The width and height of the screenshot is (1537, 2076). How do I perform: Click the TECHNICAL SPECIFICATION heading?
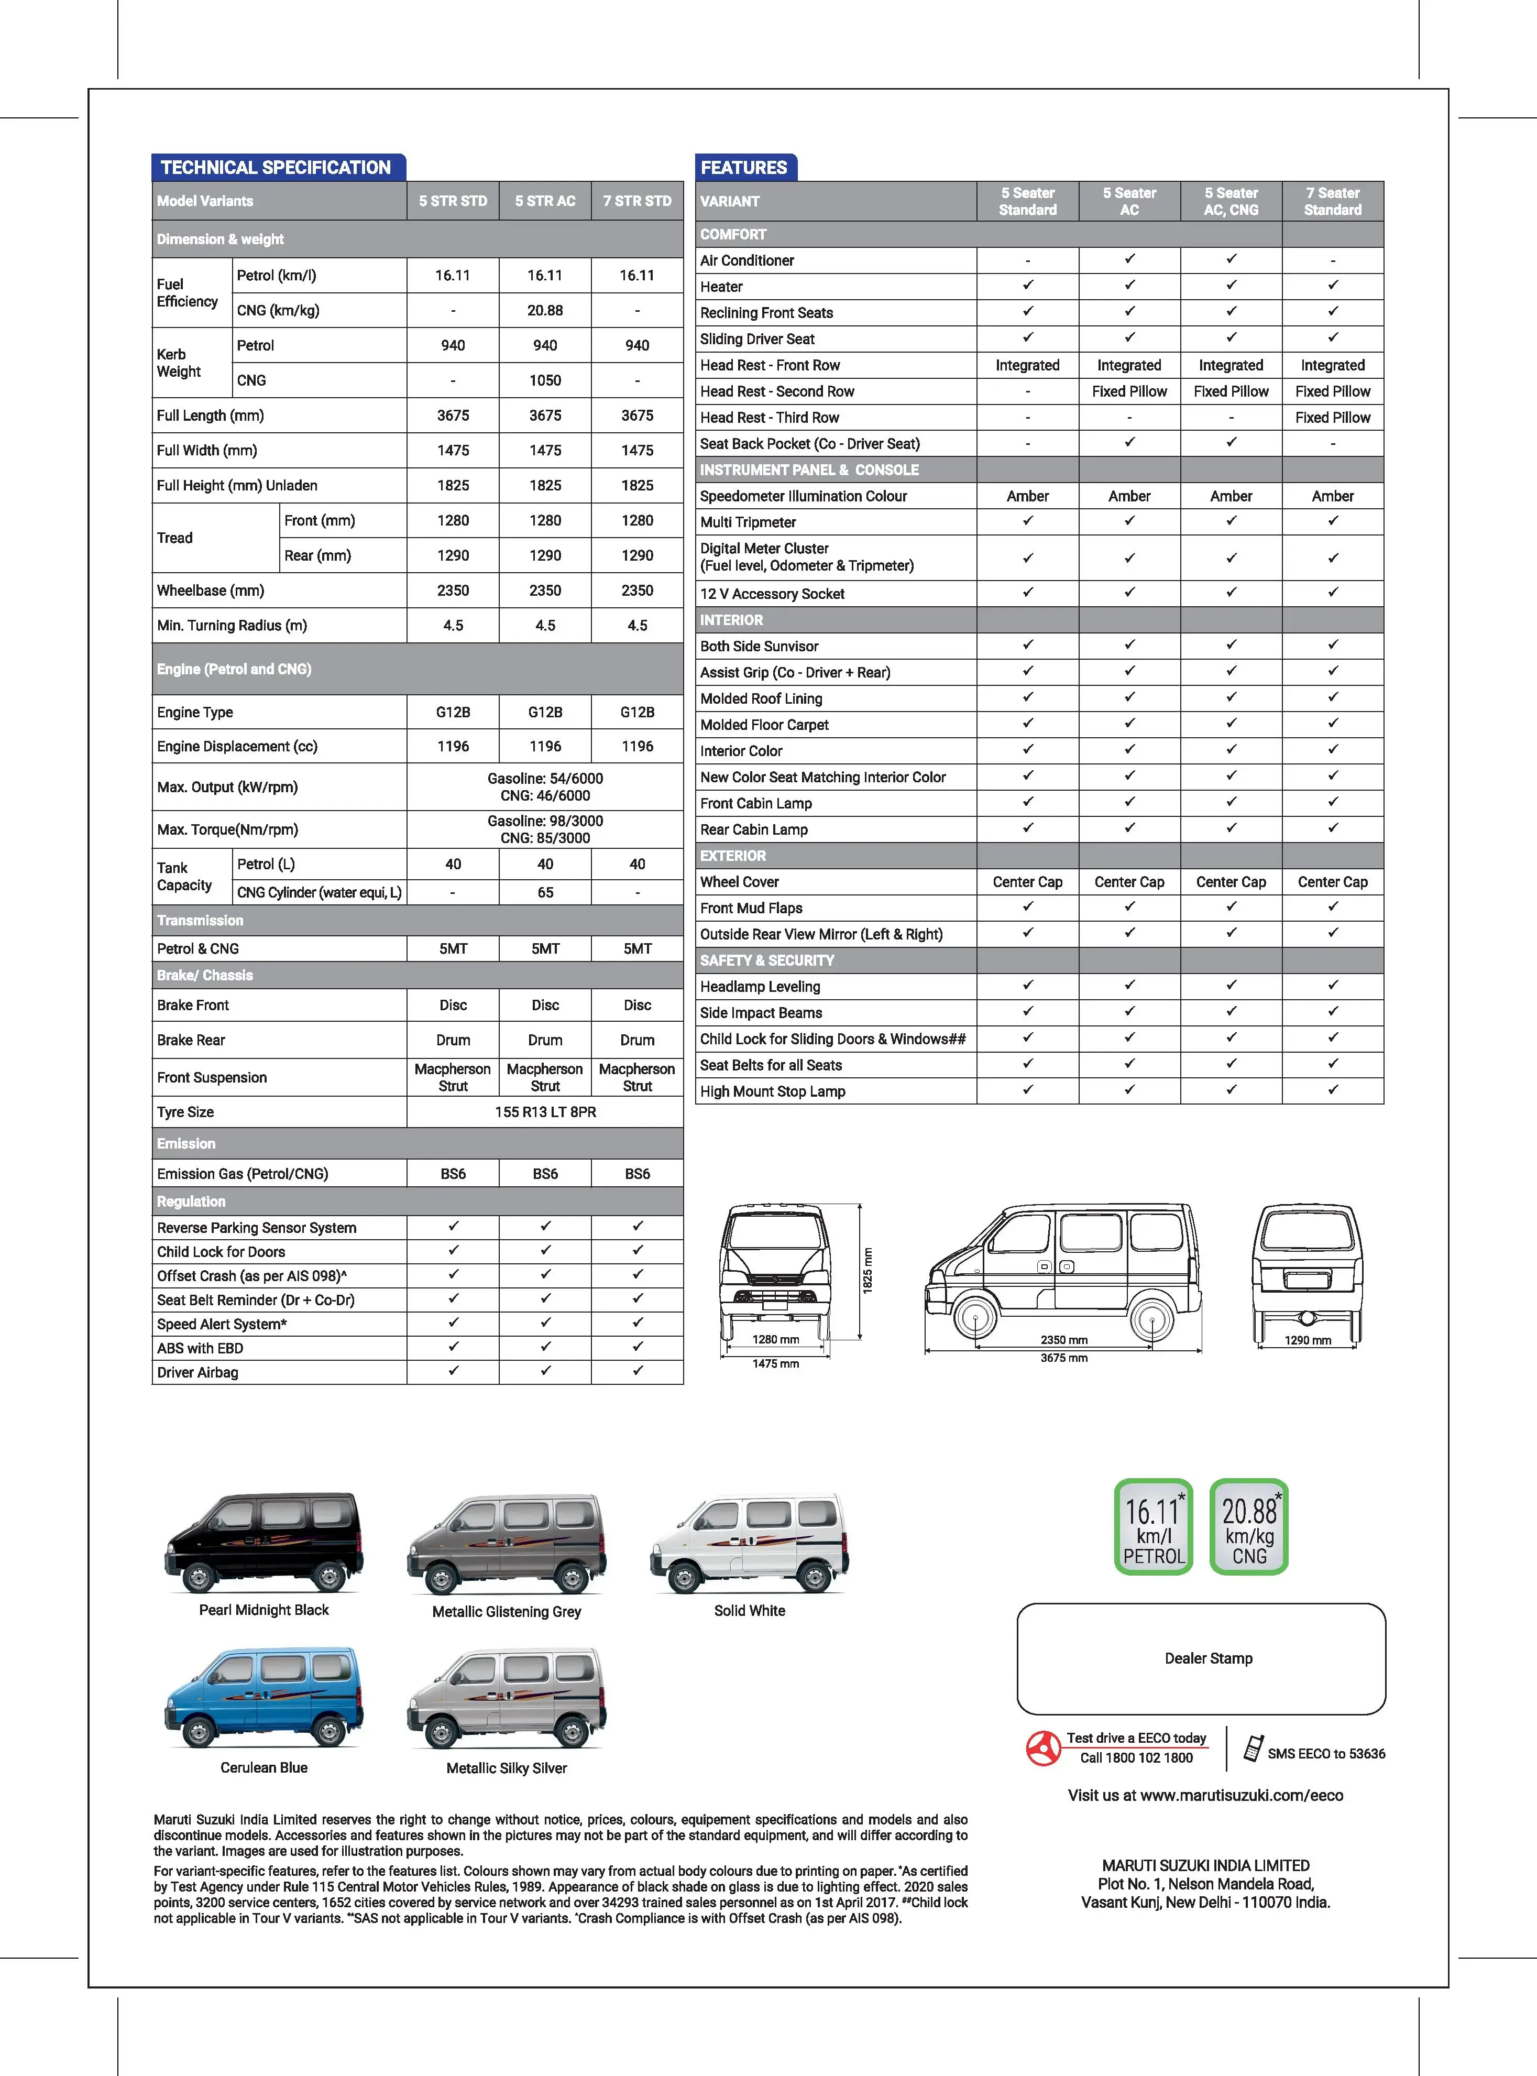coord(276,168)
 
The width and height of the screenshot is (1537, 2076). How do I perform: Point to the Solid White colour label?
coord(749,1611)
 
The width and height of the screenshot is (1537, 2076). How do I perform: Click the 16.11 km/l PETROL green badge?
coord(1154,1526)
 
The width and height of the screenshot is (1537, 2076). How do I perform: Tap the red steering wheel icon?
coord(1043,1747)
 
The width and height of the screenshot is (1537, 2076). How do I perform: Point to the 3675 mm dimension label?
coord(1063,1358)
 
